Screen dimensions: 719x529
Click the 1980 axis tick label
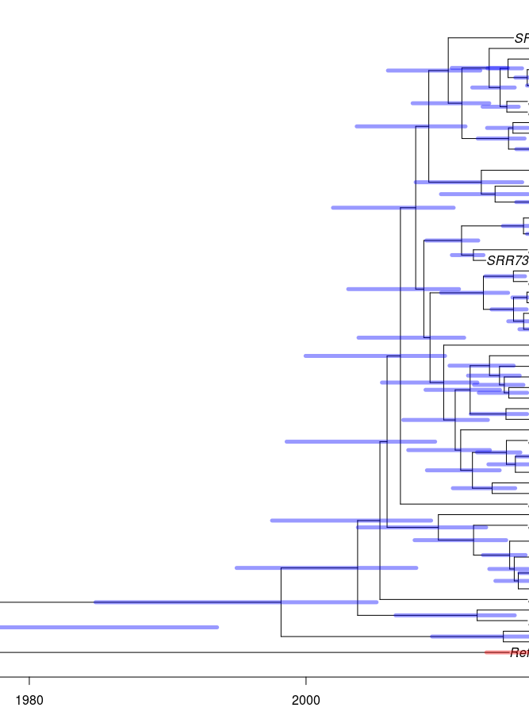pyautogui.click(x=29, y=701)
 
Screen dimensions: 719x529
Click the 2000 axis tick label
pyautogui.click(x=305, y=701)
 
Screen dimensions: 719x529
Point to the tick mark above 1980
pyautogui.click(x=29, y=682)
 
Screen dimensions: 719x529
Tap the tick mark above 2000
pyautogui.click(x=305, y=682)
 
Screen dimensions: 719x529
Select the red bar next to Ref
pyautogui.click(x=496, y=652)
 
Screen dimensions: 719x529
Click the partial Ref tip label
pyautogui.click(x=519, y=653)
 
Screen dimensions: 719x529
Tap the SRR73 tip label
pyautogui.click(x=507, y=260)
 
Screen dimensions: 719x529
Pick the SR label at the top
pyautogui.click(x=521, y=38)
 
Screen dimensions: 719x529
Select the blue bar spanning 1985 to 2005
pyautogui.click(x=236, y=602)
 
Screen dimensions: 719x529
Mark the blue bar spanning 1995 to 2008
pyautogui.click(x=326, y=567)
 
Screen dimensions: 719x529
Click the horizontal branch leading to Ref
pyautogui.click(x=238, y=652)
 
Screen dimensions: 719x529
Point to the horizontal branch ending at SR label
pyautogui.click(x=480, y=37)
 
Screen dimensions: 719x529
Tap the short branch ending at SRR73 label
pyautogui.click(x=479, y=260)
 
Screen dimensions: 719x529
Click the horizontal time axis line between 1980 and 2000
pyautogui.click(x=167, y=678)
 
